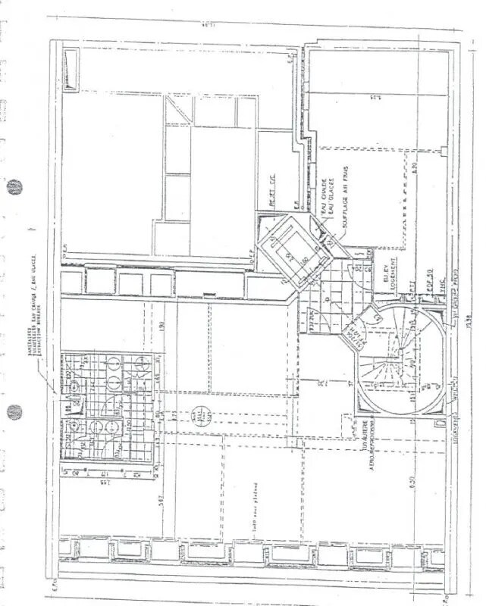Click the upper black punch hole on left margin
[14, 186]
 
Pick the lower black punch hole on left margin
[14, 412]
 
